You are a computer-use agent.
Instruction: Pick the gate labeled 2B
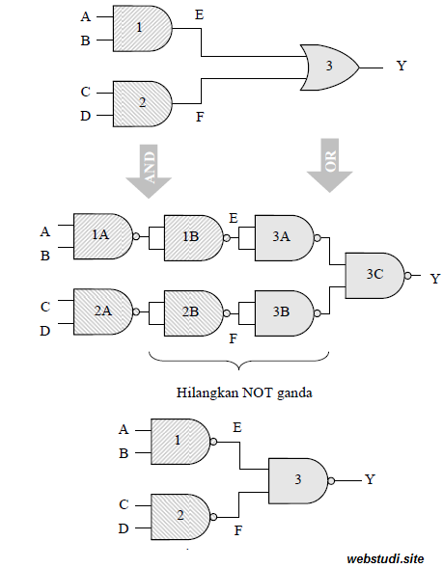(x=192, y=311)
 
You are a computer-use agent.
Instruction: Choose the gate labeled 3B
(x=282, y=311)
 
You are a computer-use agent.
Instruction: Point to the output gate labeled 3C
(x=374, y=275)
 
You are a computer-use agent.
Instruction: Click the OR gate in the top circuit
(x=329, y=68)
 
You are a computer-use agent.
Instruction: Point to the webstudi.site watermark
(x=385, y=556)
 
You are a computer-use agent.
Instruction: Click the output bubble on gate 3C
(x=408, y=276)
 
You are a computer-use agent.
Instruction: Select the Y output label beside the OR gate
(x=401, y=68)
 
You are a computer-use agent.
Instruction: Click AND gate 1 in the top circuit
(x=141, y=29)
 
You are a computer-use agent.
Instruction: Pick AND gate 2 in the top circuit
(x=141, y=103)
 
